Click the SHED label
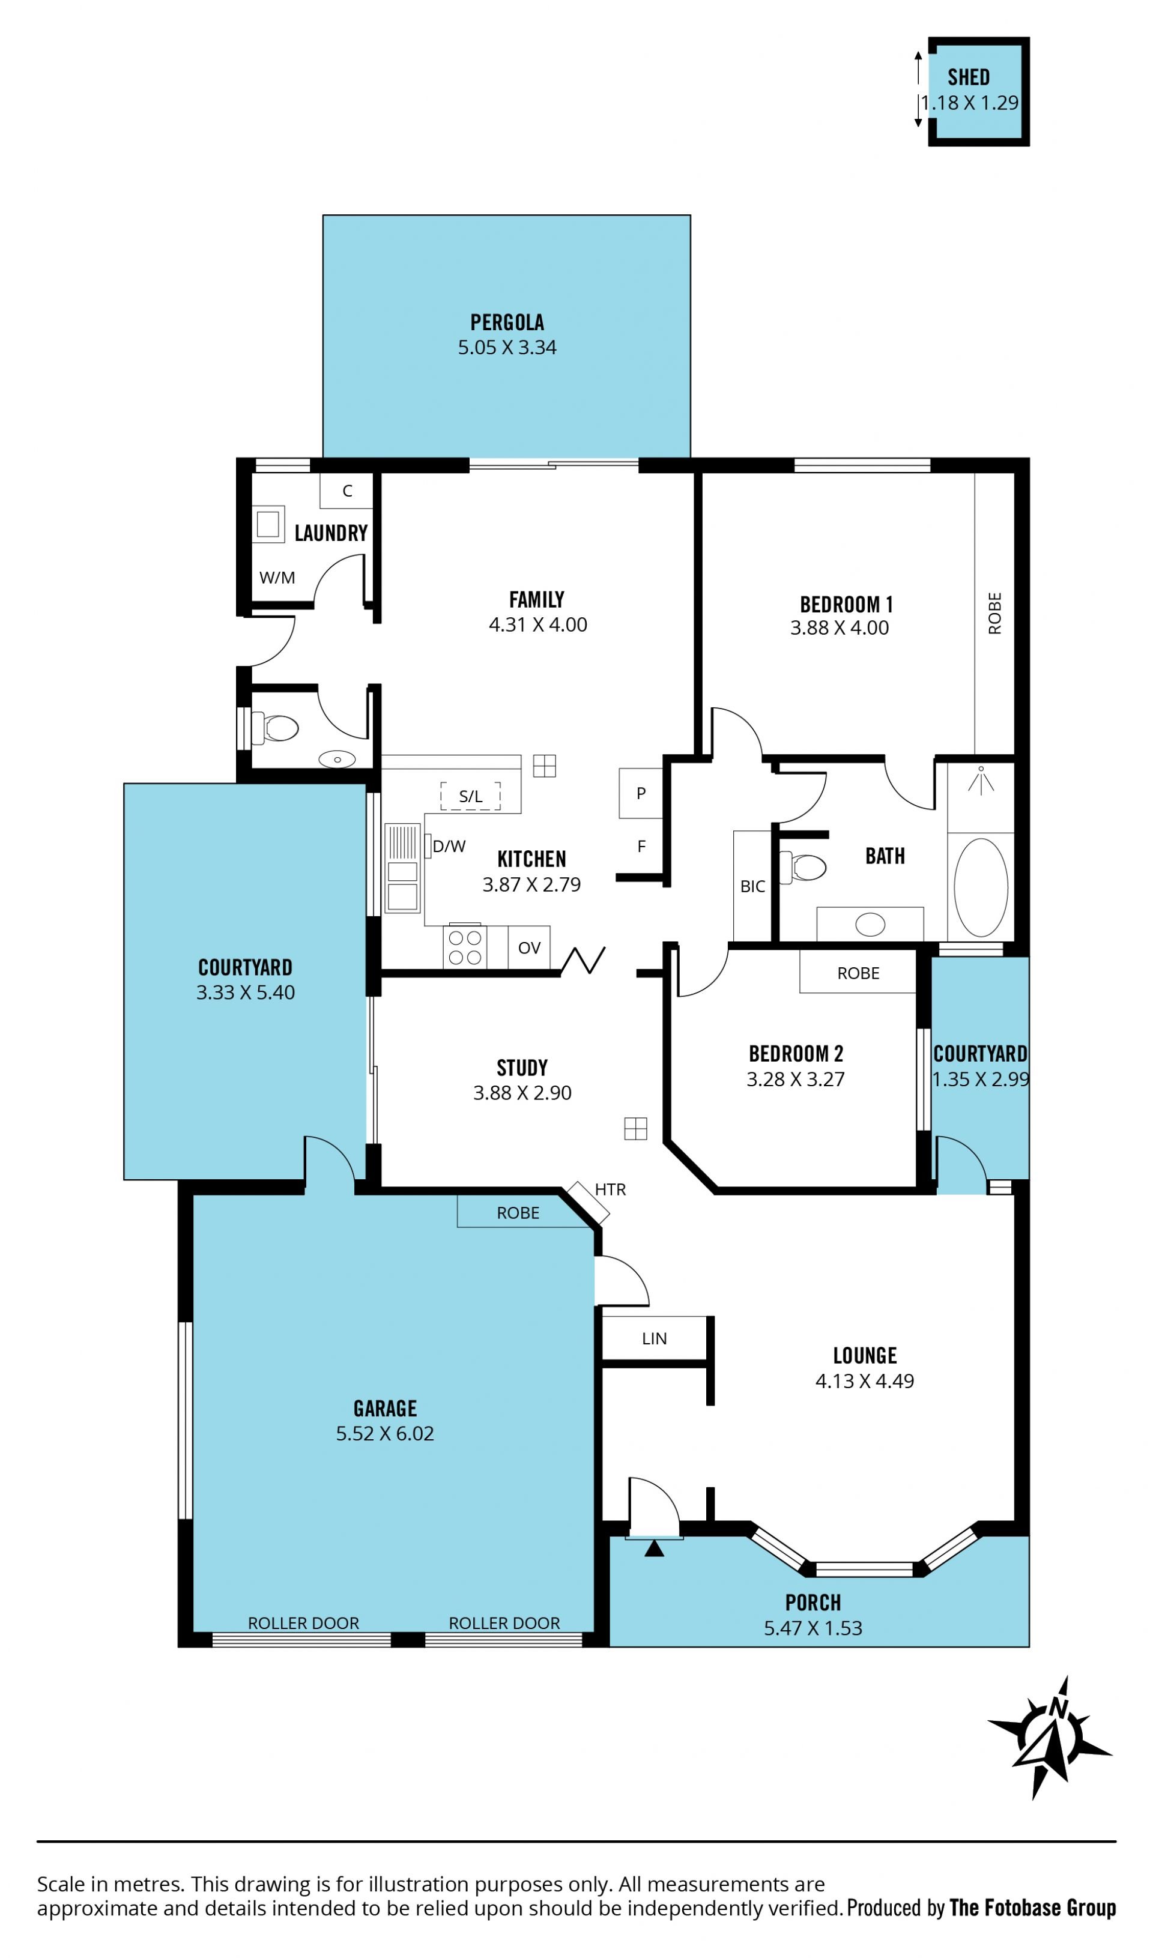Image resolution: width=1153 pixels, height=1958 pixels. (968, 77)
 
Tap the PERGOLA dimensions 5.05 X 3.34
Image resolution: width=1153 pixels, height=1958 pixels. (507, 347)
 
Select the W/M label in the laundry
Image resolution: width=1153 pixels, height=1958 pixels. (277, 577)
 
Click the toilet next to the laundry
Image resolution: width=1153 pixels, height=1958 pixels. (277, 728)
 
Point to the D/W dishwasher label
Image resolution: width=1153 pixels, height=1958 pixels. (449, 846)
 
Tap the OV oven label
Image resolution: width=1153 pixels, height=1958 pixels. (529, 948)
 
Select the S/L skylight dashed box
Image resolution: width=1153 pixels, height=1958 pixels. (470, 796)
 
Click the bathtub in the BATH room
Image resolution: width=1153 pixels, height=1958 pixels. (981, 887)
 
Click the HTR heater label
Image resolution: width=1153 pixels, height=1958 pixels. (610, 1189)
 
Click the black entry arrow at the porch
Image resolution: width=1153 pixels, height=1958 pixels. (654, 1549)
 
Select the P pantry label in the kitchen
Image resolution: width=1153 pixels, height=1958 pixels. (641, 793)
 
